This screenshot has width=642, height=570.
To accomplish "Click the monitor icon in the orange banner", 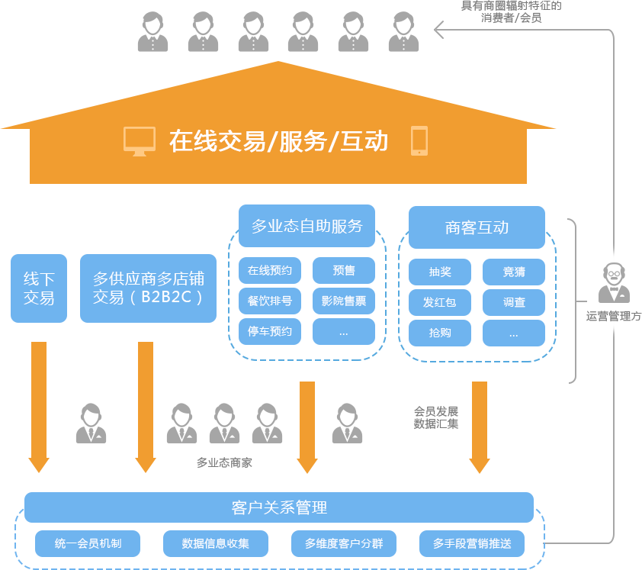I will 140,141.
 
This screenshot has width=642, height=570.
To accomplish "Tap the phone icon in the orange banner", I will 419,141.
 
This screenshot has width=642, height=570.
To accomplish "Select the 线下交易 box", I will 39,288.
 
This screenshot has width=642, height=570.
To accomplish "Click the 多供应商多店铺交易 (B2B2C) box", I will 148,288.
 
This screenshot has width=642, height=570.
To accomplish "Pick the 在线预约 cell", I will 270,271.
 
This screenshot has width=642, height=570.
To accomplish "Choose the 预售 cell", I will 344,271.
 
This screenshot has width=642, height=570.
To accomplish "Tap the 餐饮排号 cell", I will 270,301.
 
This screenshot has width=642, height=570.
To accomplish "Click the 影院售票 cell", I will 344,301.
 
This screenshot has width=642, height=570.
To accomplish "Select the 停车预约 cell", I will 270,332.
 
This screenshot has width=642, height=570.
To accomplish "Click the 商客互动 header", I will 477,227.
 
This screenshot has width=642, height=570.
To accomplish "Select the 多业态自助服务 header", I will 307,226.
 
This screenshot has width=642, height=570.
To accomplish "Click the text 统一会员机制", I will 88,543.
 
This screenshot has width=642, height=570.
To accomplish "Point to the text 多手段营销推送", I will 472,543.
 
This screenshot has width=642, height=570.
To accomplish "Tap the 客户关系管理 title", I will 279,507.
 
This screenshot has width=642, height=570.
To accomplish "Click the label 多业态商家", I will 224,462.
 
